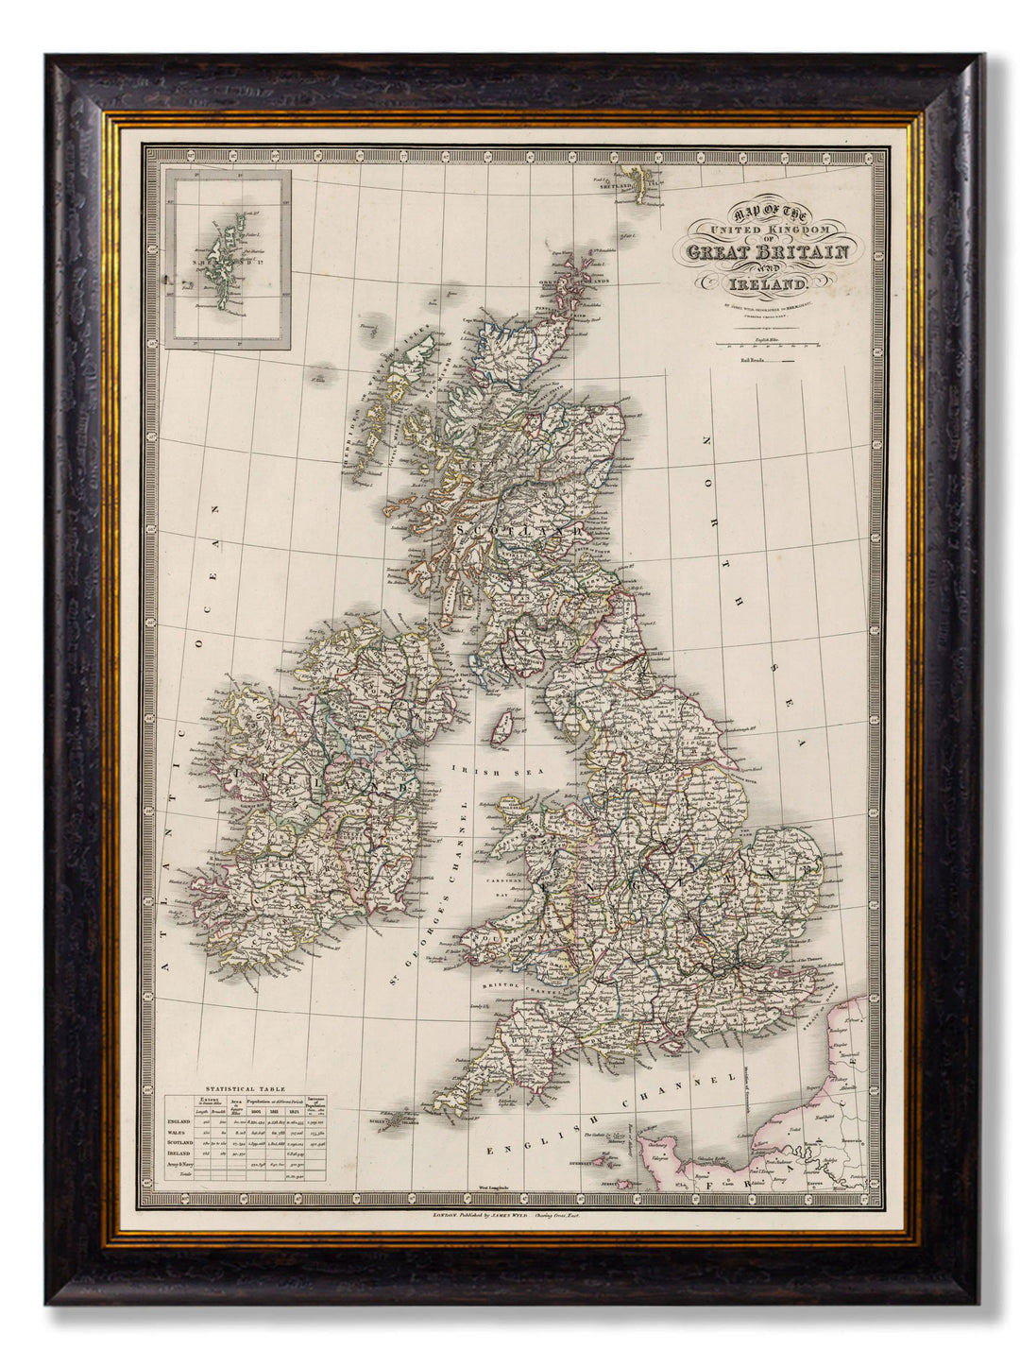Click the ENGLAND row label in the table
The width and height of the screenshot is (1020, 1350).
179,1121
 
